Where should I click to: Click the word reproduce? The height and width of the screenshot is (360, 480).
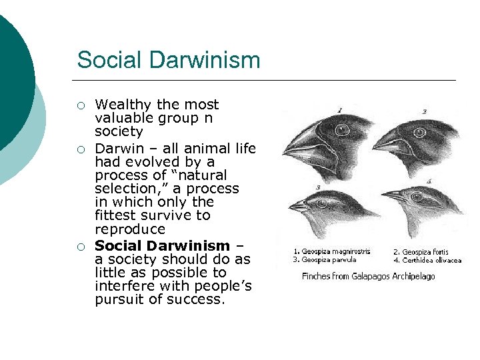point(130,229)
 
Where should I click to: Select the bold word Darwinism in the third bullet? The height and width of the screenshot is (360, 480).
point(189,245)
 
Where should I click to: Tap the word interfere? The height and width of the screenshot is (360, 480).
point(125,286)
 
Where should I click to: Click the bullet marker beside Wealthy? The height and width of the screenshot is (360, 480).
point(81,105)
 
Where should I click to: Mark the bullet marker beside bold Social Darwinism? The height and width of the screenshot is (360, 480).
point(81,247)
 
